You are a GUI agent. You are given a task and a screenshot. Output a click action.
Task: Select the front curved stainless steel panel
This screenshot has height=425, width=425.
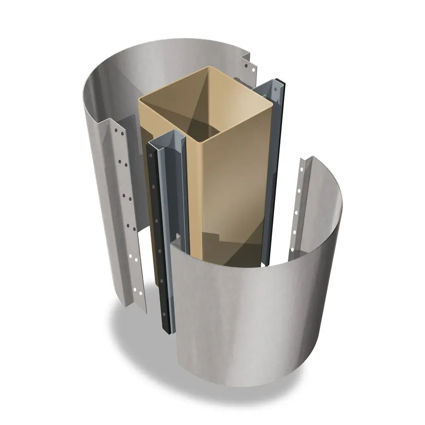255,306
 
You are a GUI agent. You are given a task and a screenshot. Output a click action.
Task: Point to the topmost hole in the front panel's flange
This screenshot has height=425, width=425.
302,169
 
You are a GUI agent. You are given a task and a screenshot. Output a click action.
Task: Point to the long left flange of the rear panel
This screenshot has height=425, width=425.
123,212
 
